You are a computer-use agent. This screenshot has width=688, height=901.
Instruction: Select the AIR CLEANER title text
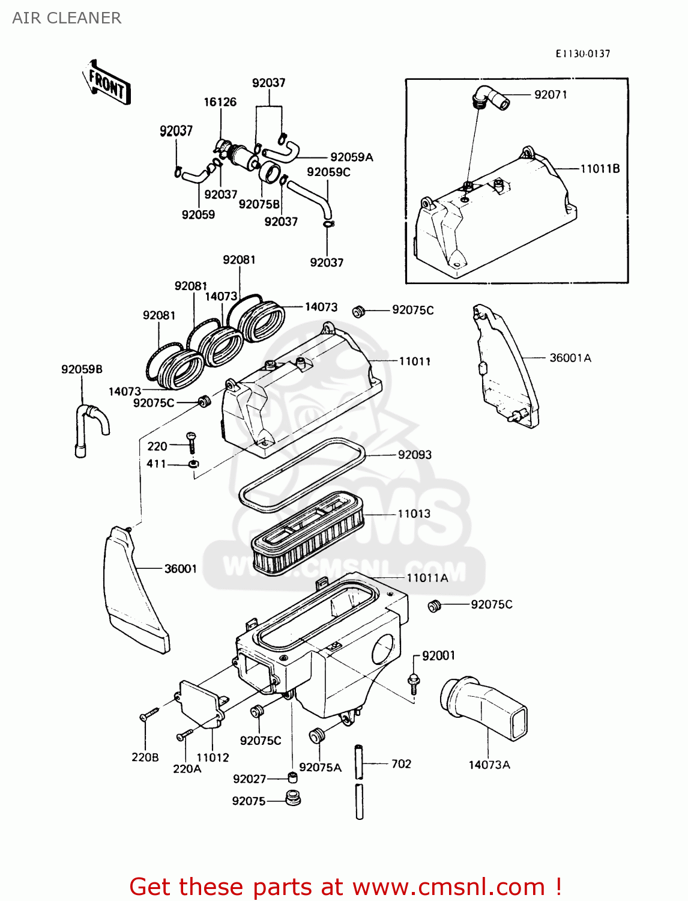pos(67,18)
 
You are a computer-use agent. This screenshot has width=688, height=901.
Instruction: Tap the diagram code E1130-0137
pos(582,53)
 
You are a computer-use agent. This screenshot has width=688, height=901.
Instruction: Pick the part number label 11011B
pos(599,169)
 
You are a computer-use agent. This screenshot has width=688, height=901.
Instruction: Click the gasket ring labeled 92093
pos(300,475)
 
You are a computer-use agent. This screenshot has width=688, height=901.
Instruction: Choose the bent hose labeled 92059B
pos(90,428)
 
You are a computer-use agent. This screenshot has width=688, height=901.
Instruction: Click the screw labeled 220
pos(192,443)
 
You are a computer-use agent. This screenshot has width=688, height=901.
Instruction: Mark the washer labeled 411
pos(193,464)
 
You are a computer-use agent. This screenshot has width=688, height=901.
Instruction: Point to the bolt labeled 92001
pos(414,679)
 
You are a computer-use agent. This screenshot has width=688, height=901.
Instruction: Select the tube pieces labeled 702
pos(359,781)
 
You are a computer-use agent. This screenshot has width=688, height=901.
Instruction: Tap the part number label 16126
pos(220,102)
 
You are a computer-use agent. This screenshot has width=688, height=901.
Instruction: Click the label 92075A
pos(320,767)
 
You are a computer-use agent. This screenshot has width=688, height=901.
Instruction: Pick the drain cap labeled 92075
pos(293,799)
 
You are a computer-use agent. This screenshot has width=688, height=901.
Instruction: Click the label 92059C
pos(328,172)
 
